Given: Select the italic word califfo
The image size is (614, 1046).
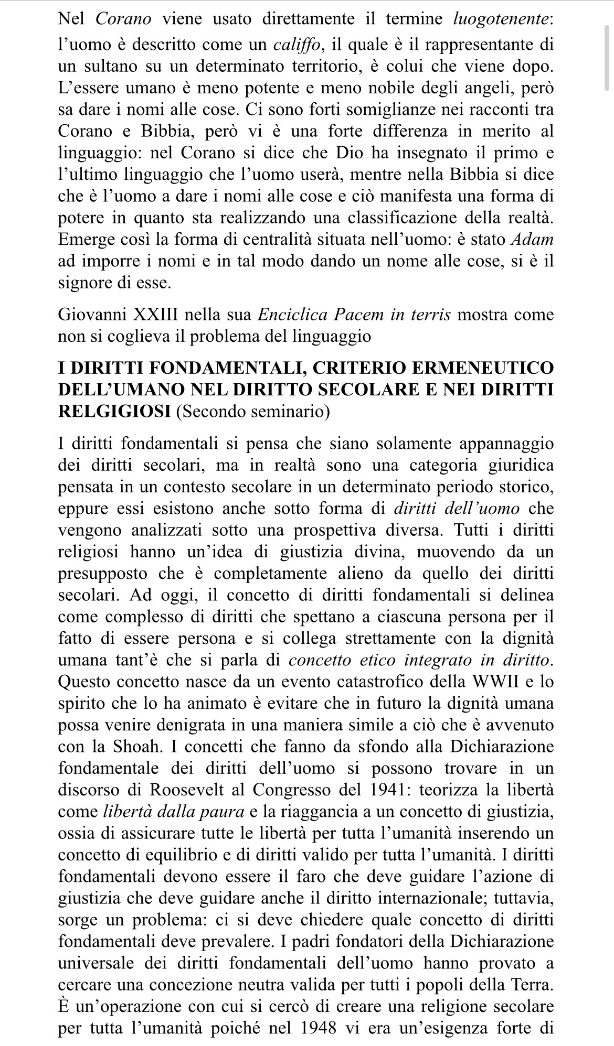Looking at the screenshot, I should [x=297, y=45].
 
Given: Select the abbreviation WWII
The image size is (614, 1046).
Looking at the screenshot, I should [x=496, y=682].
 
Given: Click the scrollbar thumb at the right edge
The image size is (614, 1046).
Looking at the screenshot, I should [x=608, y=47].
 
